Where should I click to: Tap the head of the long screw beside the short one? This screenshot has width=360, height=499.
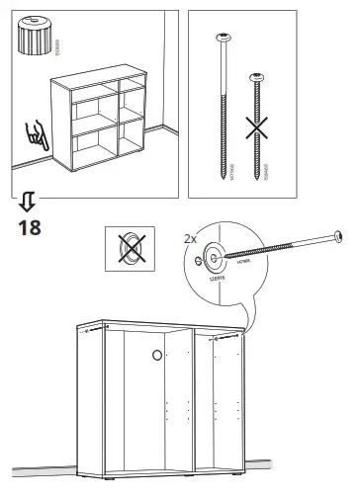(222, 38)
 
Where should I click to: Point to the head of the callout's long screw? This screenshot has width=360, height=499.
(339, 237)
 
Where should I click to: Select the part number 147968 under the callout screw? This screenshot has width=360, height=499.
(243, 260)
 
